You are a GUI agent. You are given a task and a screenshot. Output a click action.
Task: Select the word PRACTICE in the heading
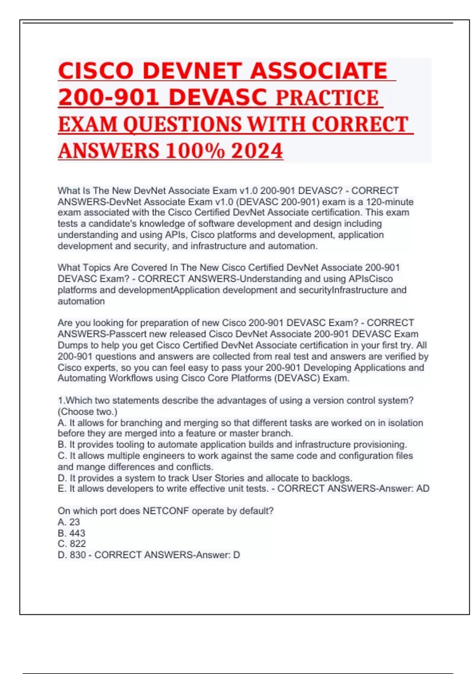[x=327, y=98]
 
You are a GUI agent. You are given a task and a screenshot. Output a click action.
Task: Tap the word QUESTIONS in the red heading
[x=182, y=124]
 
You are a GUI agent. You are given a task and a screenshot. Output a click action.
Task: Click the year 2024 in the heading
[x=257, y=151]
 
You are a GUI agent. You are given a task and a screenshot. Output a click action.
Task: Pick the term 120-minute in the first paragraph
[x=390, y=202]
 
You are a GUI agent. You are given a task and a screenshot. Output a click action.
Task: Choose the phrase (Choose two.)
[x=88, y=412]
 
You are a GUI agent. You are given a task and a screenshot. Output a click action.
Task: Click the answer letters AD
[x=422, y=488]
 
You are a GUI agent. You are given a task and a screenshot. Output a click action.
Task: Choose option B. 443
[x=72, y=533]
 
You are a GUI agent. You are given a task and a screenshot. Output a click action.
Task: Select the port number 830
[x=78, y=555]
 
